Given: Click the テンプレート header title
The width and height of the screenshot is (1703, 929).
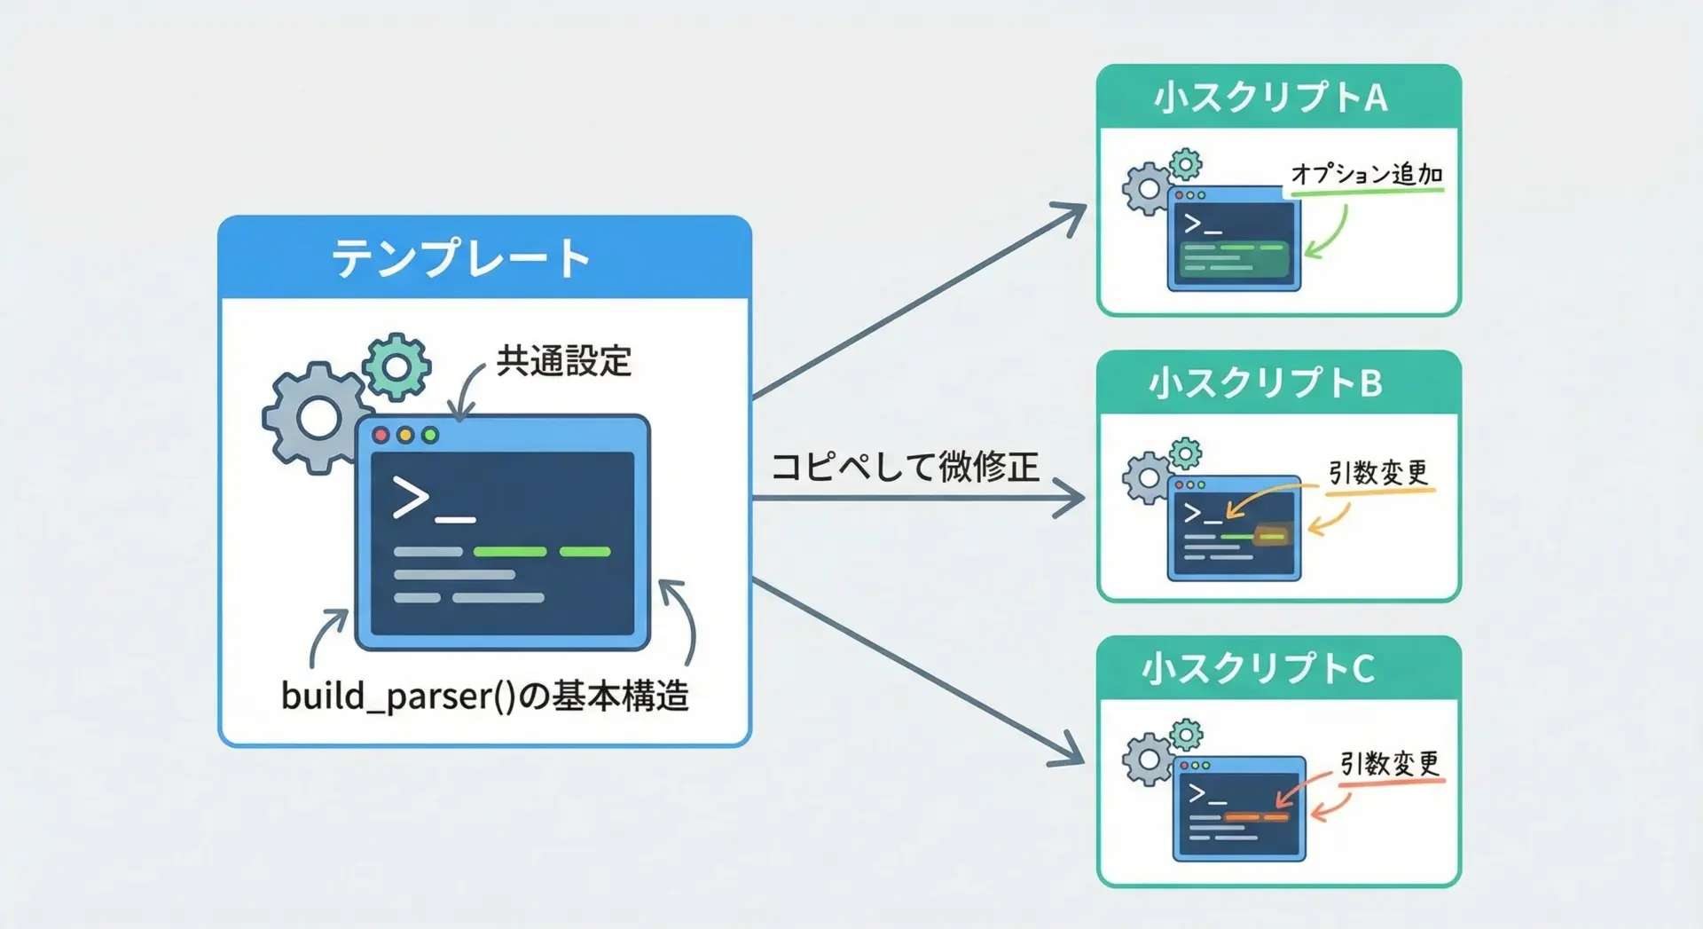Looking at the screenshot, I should coord(460,258).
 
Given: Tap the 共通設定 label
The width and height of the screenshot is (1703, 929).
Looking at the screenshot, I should coord(563,361).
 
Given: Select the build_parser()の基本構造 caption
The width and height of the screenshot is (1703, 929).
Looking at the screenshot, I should coord(484,696).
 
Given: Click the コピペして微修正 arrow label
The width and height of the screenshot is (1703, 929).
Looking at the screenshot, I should coord(905,467).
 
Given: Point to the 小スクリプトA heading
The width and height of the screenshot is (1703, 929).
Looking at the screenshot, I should coord(1270,98).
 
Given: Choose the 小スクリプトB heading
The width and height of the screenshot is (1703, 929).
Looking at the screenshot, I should coord(1266,383).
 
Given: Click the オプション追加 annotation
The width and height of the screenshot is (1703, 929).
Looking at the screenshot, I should coord(1367,174).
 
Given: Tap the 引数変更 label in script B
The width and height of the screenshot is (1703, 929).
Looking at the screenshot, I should coord(1377,473).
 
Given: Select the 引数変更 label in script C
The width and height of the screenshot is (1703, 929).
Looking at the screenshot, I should coord(1389,763).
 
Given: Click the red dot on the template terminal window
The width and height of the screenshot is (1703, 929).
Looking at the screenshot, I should coord(381,435).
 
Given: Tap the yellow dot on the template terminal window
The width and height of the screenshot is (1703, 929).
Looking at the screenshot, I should coord(405,435).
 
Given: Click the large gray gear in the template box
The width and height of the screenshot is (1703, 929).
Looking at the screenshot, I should coord(317,417).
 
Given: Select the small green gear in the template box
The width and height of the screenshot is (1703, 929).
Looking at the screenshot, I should coord(396,366).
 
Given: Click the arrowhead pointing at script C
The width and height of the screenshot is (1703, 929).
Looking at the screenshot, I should coord(1069,752).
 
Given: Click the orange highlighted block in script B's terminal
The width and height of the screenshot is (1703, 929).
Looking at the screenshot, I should coord(1272,535).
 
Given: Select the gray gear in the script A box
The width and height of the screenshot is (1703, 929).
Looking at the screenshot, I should coord(1148,188).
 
